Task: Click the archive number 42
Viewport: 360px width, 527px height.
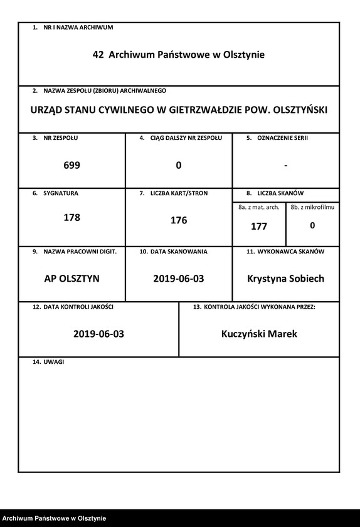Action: pyautogui.click(x=98, y=55)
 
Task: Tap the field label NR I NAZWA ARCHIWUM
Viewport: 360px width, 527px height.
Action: pyautogui.click(x=78, y=28)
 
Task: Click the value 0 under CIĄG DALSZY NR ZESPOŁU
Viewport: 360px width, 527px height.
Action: pyautogui.click(x=179, y=165)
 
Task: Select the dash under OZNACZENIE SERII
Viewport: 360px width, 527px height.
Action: pyautogui.click(x=285, y=165)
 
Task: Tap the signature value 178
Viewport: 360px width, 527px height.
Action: pyautogui.click(x=72, y=218)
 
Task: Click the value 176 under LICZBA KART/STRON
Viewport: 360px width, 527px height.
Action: pyautogui.click(x=179, y=220)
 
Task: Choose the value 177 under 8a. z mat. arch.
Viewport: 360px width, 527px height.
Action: pyautogui.click(x=258, y=226)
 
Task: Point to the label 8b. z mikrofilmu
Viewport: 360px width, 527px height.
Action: pyautogui.click(x=312, y=207)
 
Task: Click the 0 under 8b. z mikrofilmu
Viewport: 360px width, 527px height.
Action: pyautogui.click(x=312, y=225)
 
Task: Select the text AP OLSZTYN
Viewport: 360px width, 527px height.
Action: pyautogui.click(x=72, y=278)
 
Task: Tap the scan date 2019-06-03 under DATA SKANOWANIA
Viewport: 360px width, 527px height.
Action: pyautogui.click(x=179, y=278)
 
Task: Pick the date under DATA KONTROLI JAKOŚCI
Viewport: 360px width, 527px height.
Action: pyautogui.click(x=98, y=334)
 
